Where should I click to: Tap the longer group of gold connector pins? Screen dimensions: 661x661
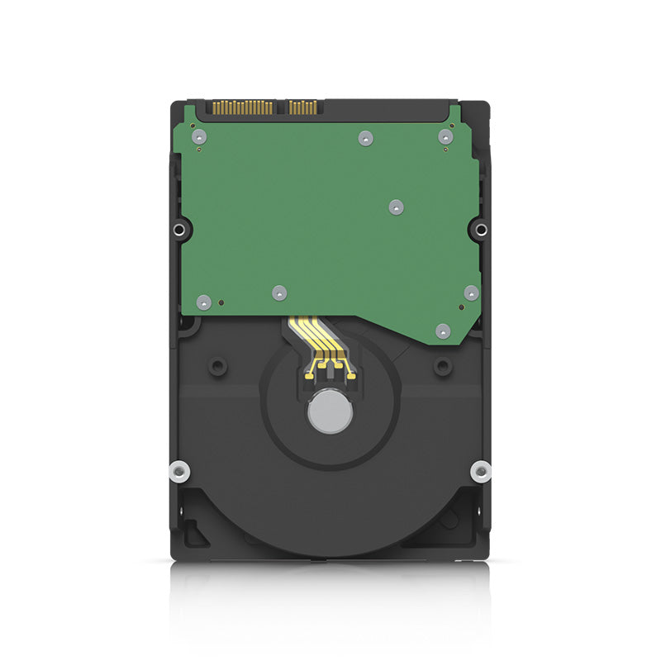tap(242, 107)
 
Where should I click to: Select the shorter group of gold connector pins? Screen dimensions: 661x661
tap(302, 107)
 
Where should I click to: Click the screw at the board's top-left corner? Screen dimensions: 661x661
tap(198, 137)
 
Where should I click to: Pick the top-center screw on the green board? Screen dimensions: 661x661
tap(365, 138)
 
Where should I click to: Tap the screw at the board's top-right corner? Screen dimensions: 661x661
tap(445, 137)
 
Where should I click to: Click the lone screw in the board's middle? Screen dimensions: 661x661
tap(396, 207)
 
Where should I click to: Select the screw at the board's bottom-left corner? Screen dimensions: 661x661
tap(203, 301)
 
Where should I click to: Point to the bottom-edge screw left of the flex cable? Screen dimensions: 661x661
tap(279, 292)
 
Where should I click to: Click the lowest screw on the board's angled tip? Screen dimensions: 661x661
tap(443, 330)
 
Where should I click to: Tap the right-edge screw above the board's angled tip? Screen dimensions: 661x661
tap(471, 292)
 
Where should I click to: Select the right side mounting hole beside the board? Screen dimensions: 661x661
tap(482, 229)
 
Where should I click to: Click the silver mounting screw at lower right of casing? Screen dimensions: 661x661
tap(481, 472)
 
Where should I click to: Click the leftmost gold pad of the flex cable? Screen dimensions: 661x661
tap(308, 376)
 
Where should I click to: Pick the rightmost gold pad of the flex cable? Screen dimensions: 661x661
tap(351, 377)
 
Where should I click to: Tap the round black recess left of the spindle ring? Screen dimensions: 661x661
tap(217, 364)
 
